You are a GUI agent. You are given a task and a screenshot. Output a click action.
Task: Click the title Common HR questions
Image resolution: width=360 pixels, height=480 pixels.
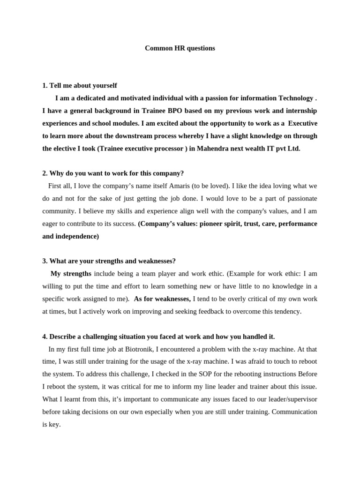pyautogui.click(x=180, y=48)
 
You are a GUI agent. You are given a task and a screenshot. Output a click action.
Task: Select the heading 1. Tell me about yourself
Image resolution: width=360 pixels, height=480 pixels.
pyautogui.click(x=80, y=85)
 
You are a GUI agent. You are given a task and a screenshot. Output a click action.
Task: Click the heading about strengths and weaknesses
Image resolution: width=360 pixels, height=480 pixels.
pyautogui.click(x=109, y=261)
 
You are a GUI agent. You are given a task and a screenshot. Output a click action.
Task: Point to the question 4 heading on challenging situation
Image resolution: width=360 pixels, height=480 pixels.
pyautogui.click(x=158, y=337)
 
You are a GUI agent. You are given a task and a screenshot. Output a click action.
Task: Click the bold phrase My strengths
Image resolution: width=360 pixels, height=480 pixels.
pyautogui.click(x=71, y=273)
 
